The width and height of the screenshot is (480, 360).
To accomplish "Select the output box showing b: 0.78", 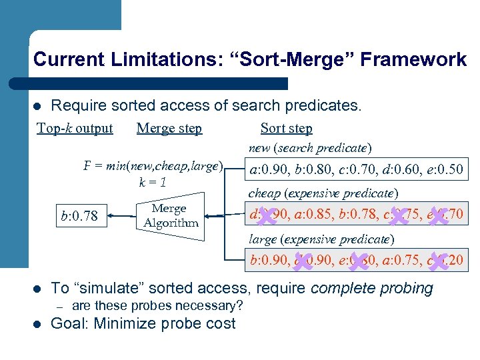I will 79,215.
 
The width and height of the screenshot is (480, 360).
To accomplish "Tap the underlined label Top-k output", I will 75,128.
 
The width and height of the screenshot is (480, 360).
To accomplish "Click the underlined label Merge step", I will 169,128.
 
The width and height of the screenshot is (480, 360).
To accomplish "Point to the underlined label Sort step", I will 286,128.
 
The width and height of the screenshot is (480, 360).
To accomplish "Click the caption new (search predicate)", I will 310,148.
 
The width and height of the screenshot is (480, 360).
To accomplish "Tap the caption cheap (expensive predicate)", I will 323,193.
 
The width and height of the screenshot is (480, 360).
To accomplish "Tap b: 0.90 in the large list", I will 269,260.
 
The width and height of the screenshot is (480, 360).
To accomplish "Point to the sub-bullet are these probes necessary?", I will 157,306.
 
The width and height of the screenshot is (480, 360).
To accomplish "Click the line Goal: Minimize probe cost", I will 143,324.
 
